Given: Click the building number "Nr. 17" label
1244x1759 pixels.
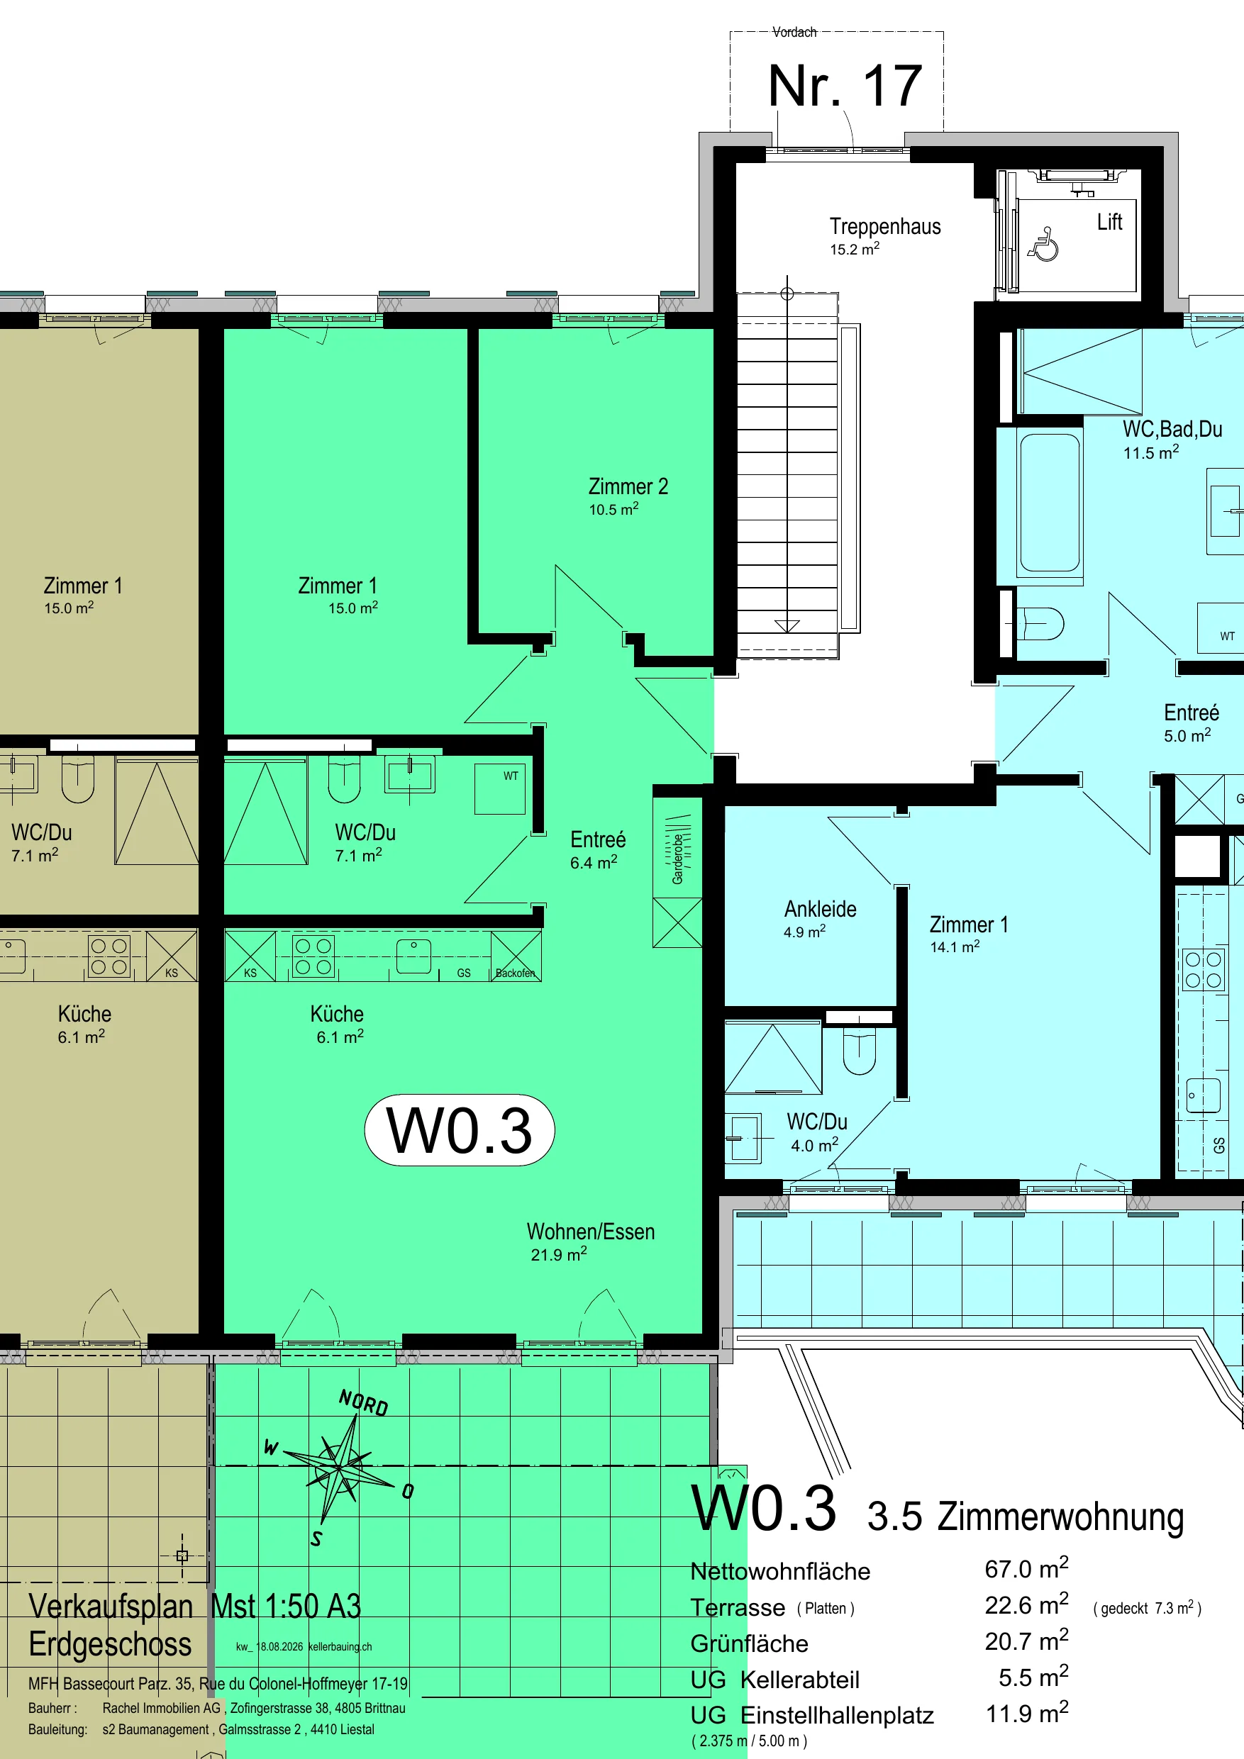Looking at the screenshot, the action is pyautogui.click(x=845, y=86).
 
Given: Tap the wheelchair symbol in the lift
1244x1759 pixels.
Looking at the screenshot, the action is pyautogui.click(x=1043, y=245).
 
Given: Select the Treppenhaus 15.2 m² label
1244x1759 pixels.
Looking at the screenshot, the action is pyautogui.click(x=884, y=236).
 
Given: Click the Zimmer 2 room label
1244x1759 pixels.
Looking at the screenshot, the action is pyautogui.click(x=628, y=496).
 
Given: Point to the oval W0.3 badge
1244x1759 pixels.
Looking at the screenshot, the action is pyautogui.click(x=459, y=1130).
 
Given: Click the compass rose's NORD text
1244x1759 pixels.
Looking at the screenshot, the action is pyautogui.click(x=363, y=1404).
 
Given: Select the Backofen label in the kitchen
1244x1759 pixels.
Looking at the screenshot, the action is pyautogui.click(x=515, y=973).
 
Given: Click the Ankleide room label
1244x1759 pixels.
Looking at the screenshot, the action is pyautogui.click(x=819, y=919).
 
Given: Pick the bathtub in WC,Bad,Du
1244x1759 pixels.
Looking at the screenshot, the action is pyautogui.click(x=1049, y=503).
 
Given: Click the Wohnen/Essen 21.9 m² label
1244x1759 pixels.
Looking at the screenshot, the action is pyautogui.click(x=590, y=1242).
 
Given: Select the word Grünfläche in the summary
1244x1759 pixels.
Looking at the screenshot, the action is pyautogui.click(x=749, y=1643).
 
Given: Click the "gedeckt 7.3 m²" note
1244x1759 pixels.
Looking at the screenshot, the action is pyautogui.click(x=1147, y=1608).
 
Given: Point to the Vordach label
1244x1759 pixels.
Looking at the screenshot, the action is pyautogui.click(x=794, y=32).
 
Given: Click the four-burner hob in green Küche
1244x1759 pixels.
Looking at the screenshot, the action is pyautogui.click(x=313, y=956).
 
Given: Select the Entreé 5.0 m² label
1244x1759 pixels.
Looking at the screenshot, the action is pyautogui.click(x=1190, y=723).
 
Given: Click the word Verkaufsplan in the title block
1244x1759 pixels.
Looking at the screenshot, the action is pyautogui.click(x=111, y=1606).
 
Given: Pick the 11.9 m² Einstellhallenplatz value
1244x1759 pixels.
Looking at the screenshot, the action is pyautogui.click(x=1026, y=1713).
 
